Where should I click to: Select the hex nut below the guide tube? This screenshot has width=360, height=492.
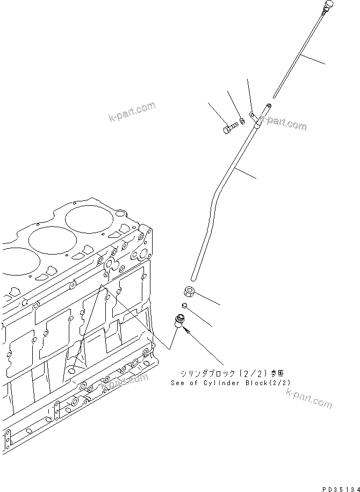tap(190, 292)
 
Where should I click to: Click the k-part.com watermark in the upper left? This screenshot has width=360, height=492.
tap(132, 112)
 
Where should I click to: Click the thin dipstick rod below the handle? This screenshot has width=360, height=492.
tap(301, 54)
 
